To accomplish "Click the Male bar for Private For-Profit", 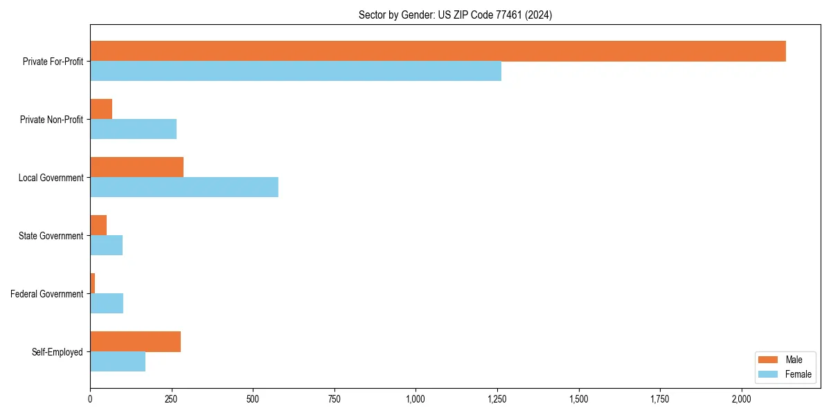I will [x=438, y=51].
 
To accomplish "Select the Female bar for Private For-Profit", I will [x=296, y=71].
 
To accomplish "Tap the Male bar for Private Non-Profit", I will [x=101, y=109].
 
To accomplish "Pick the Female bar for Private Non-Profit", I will [x=133, y=129].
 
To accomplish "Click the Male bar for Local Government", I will [x=136, y=167].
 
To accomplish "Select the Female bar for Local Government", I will [x=184, y=187].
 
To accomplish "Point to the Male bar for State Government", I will [x=98, y=225].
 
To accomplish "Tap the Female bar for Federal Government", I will [x=107, y=304].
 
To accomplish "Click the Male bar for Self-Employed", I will [x=135, y=342].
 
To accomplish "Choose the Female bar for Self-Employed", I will [x=118, y=362].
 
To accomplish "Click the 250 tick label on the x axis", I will [x=171, y=399].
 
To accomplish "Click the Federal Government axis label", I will [x=46, y=294].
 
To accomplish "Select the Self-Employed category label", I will [x=57, y=352].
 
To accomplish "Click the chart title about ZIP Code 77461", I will [x=455, y=15].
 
